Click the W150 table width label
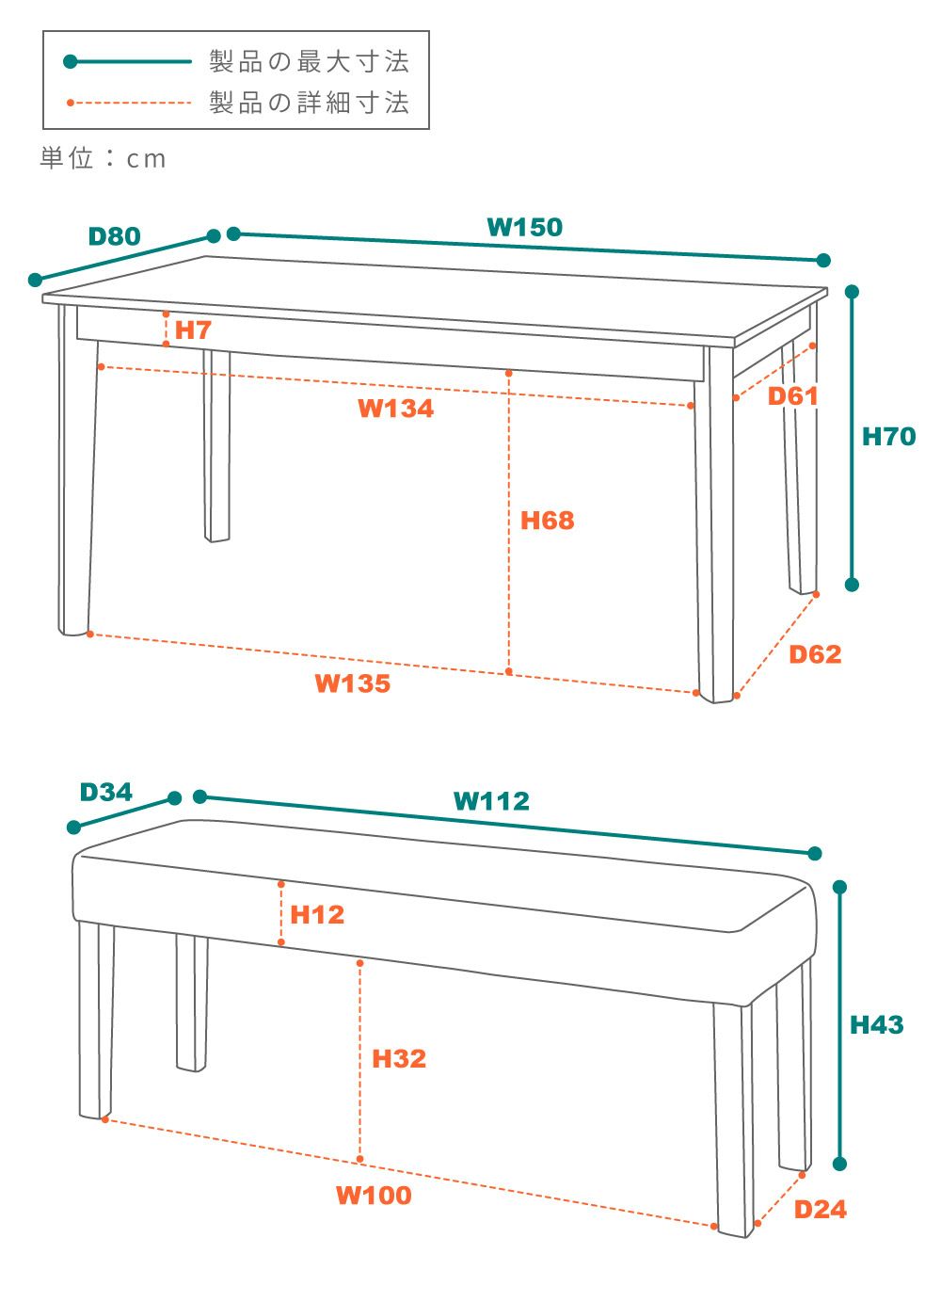(x=524, y=227)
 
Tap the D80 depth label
(x=115, y=236)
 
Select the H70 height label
(x=888, y=437)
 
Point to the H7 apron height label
(x=193, y=330)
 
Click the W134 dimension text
(x=395, y=408)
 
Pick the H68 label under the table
(x=547, y=521)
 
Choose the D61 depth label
(x=793, y=396)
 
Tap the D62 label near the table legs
(x=815, y=654)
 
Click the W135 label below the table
(x=353, y=683)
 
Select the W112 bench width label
(x=491, y=801)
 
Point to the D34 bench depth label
(x=105, y=792)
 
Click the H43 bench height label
(x=876, y=1024)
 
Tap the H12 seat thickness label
(x=317, y=915)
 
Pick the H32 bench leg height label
(x=399, y=1058)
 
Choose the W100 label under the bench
(x=375, y=1196)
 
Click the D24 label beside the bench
(x=821, y=1210)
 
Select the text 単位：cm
(x=103, y=158)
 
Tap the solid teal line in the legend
(x=127, y=61)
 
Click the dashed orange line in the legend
(x=129, y=103)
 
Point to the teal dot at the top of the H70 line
(x=853, y=292)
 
